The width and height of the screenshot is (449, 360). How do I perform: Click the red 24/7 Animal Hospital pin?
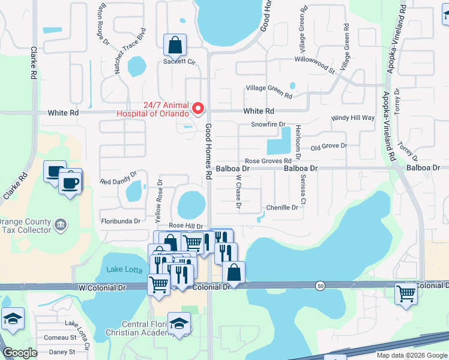click(199, 108)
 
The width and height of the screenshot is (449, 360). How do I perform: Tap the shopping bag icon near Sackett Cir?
click(175, 44)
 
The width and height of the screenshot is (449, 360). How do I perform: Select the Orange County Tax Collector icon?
click(61, 225)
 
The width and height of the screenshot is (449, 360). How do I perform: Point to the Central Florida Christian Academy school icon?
click(179, 323)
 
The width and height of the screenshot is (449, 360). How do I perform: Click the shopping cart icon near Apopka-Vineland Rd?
click(406, 294)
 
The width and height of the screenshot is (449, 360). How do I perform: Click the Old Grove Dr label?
click(328, 146)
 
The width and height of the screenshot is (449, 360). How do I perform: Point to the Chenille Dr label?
click(282, 208)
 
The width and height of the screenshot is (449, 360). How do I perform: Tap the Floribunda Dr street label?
click(120, 221)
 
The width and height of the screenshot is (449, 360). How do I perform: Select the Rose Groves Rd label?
click(268, 161)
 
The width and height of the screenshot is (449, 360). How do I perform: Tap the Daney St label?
click(62, 352)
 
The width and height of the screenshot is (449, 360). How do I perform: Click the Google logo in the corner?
click(20, 353)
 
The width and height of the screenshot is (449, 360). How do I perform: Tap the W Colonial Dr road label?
click(102, 288)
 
